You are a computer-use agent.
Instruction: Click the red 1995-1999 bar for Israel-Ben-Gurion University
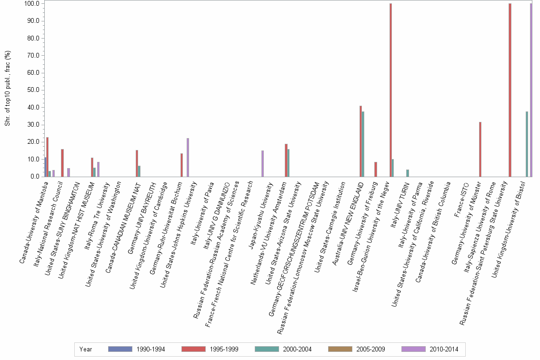point(390,90)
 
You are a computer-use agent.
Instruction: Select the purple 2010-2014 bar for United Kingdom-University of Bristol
point(531,90)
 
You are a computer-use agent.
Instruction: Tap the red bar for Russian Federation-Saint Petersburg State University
point(510,90)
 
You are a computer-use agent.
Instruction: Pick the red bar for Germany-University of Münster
point(480,150)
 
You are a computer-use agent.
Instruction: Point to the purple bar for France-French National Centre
point(262,164)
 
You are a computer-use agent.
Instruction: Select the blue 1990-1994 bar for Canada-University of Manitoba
point(45,167)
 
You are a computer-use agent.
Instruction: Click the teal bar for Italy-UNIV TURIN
point(408,173)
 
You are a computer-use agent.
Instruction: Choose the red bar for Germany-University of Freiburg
point(376,170)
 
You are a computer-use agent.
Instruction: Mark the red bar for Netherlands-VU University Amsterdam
point(286,160)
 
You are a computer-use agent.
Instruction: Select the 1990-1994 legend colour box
point(120,349)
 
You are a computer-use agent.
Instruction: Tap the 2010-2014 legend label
point(443,350)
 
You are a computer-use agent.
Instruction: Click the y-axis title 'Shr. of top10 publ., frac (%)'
point(8,90)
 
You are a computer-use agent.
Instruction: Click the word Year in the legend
point(86,350)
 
